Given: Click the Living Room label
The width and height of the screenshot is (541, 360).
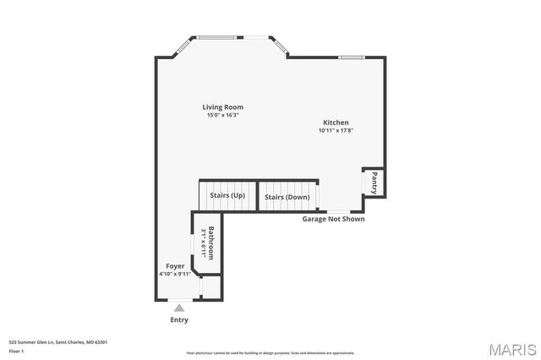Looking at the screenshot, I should tap(222, 107).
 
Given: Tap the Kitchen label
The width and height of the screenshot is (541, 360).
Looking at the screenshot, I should tap(335, 123).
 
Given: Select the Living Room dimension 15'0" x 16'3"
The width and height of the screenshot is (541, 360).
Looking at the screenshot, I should tap(222, 115).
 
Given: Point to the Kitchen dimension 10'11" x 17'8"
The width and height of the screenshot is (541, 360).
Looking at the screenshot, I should tap(335, 130).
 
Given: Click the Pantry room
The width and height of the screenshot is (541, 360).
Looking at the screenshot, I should tap(374, 182).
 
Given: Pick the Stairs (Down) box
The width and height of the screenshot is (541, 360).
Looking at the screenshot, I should tap(287, 197).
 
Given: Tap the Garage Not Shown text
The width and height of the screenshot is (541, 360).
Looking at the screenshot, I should tap(334, 219).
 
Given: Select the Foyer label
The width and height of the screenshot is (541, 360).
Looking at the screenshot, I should tap(175, 266).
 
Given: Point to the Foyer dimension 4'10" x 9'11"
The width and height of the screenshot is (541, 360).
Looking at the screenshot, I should tap(175, 274).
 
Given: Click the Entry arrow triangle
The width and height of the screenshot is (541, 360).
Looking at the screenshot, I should tap(179, 308).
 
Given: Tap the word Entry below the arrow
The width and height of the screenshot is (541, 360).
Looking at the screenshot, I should tap(179, 319).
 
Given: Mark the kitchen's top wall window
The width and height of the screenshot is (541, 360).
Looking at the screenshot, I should tap(351, 57).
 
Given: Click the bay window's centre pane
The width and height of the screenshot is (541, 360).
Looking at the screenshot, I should tap(219, 37).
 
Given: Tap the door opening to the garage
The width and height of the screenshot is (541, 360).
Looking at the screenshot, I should tap(336, 211).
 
